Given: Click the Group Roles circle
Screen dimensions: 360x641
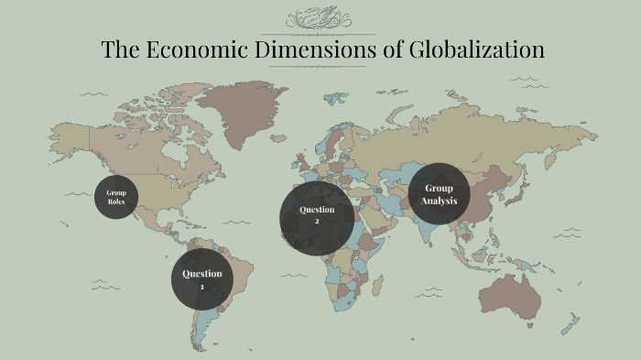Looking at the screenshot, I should (115, 197).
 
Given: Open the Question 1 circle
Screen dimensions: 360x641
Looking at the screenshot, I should (202, 279).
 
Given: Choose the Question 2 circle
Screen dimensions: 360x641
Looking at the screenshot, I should (317, 216).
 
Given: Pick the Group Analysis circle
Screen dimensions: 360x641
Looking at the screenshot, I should (439, 193).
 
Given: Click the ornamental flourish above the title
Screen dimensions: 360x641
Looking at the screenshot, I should (320, 18).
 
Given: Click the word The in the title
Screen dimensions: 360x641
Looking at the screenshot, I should (118, 49).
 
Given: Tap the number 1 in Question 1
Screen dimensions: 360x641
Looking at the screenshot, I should (202, 287).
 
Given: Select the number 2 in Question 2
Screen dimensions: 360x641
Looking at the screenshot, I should (317, 222).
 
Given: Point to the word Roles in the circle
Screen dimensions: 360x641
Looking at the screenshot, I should (115, 202).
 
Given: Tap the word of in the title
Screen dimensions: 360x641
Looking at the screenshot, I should (392, 49).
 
